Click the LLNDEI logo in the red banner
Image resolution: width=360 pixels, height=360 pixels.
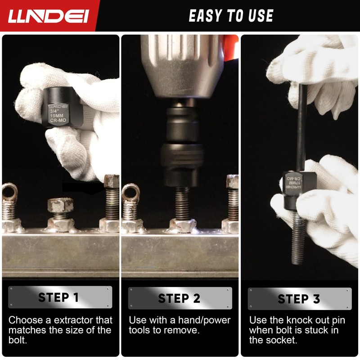point(48,16)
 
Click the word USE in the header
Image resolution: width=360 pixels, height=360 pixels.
point(261,16)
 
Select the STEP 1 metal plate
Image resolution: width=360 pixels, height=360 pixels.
point(60,297)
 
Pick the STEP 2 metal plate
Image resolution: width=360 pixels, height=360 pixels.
point(180,298)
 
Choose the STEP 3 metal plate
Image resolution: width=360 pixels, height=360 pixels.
point(300,299)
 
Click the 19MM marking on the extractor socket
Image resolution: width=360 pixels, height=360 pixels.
point(57,116)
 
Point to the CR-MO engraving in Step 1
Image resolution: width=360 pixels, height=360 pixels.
point(58,120)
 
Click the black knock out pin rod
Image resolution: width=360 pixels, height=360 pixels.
point(301,127)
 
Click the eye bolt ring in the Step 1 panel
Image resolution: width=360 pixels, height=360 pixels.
point(9,192)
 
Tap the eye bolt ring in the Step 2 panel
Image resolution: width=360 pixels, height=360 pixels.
point(130,193)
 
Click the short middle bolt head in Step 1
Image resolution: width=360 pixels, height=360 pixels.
point(60,205)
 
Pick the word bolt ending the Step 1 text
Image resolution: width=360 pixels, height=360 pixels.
point(18,340)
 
